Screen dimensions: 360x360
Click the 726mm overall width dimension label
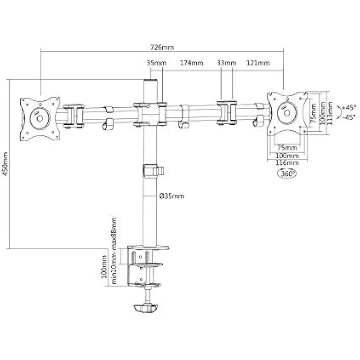click(x=162, y=47)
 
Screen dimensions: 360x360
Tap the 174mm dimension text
click(x=191, y=63)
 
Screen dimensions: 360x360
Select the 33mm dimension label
click(x=226, y=63)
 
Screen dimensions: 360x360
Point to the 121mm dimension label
click(x=258, y=63)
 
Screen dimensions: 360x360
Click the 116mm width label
click(x=287, y=163)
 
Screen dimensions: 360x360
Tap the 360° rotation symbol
click(x=287, y=173)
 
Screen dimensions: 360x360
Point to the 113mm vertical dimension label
click(x=330, y=113)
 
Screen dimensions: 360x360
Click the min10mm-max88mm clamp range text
click(x=114, y=251)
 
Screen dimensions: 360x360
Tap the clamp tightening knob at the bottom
click(x=146, y=308)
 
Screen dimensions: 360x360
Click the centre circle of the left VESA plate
click(x=40, y=118)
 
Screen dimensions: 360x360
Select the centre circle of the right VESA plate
click(x=287, y=113)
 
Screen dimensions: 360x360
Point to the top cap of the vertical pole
click(x=151, y=81)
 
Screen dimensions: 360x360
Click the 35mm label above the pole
click(x=156, y=63)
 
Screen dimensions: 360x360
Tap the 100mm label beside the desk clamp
click(x=104, y=266)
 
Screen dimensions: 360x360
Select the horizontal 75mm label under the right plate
click(x=287, y=147)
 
